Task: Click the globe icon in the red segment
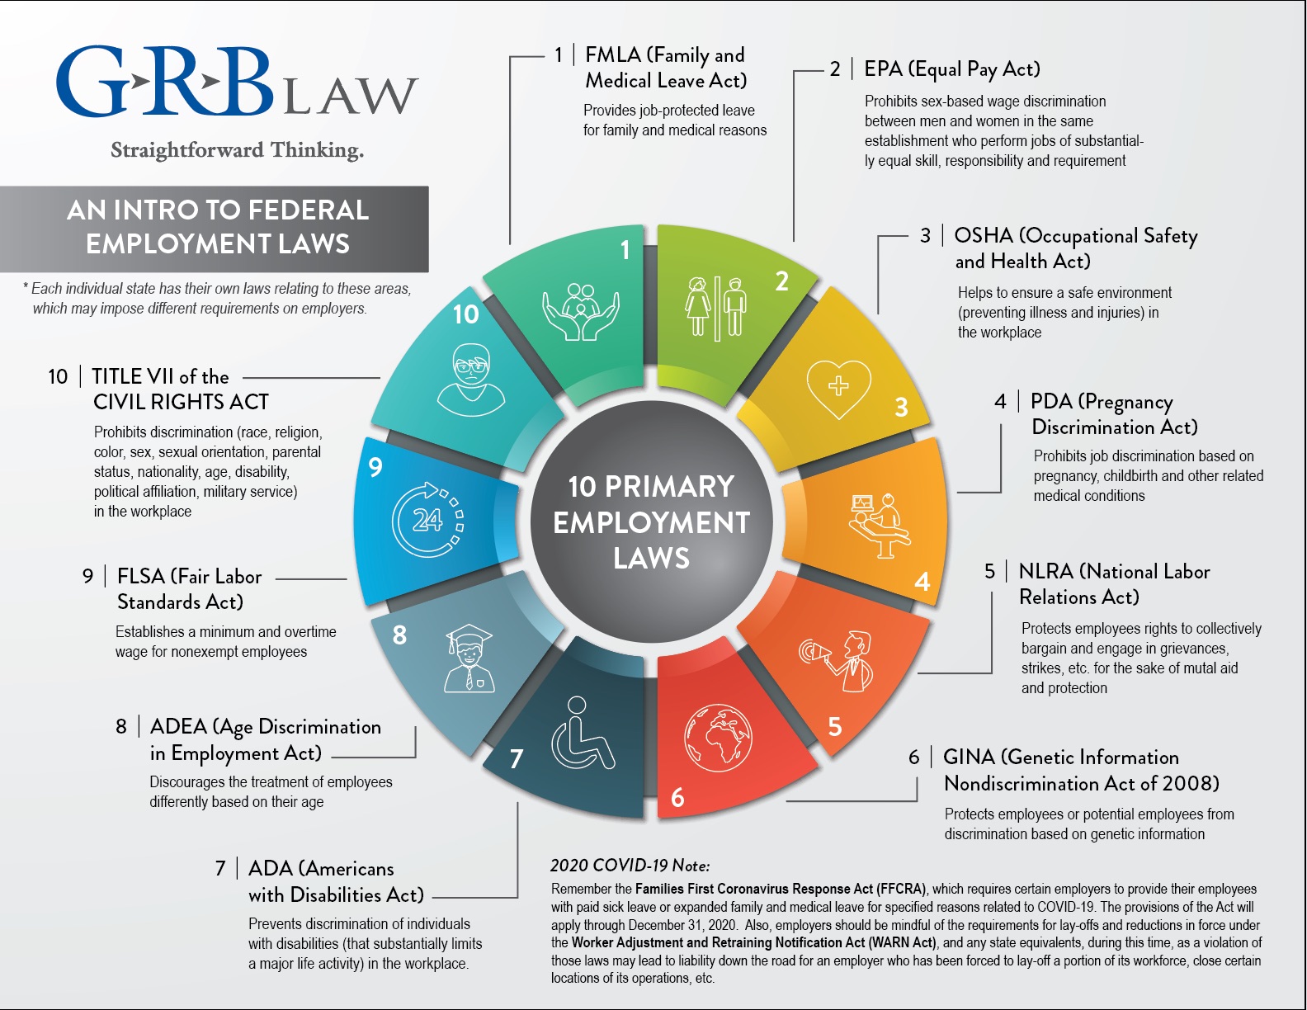[x=718, y=738]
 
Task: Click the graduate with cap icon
[x=469, y=658]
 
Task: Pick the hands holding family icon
[x=581, y=312]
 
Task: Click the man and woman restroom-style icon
[x=715, y=308]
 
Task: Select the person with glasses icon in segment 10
[x=471, y=380]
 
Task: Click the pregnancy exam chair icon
[x=879, y=525]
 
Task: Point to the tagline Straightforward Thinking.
[x=237, y=150]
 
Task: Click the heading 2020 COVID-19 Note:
[x=630, y=866]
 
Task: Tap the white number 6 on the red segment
[x=677, y=797]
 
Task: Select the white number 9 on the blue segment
[x=375, y=467]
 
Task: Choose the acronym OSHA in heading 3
[x=983, y=236]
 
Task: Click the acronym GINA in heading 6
[x=969, y=757]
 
